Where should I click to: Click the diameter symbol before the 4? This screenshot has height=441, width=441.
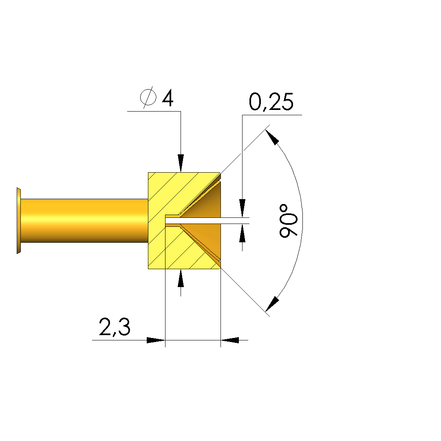click(148, 97)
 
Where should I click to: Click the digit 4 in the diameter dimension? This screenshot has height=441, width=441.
click(168, 98)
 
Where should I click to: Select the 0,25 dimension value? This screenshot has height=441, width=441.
click(271, 102)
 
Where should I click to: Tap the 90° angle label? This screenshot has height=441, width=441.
click(288, 221)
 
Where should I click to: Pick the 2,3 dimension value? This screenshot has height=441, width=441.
click(115, 327)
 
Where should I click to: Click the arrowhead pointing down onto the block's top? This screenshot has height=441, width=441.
click(181, 163)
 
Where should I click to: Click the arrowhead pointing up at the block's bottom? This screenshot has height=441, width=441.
click(181, 278)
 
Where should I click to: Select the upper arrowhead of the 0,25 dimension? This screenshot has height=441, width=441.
click(243, 208)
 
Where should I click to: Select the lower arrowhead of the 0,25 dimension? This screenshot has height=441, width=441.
click(243, 233)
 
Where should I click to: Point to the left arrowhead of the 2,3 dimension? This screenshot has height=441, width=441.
click(156, 340)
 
